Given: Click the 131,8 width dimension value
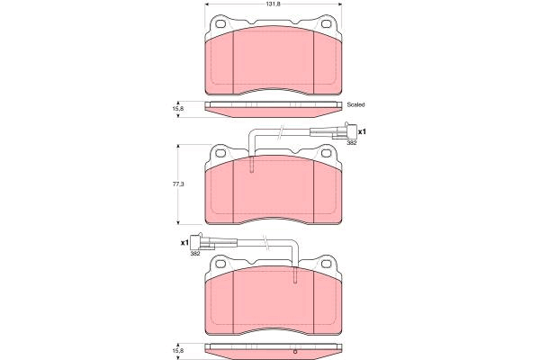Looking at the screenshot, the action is pyautogui.click(x=274, y=4).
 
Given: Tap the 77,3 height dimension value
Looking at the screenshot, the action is pyautogui.click(x=178, y=184).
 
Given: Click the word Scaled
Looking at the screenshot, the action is pyautogui.click(x=355, y=104).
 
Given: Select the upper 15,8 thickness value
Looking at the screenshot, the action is pyautogui.click(x=178, y=108).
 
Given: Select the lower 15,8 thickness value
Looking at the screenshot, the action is pyautogui.click(x=178, y=350).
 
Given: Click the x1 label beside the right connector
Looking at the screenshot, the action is pyautogui.click(x=362, y=131).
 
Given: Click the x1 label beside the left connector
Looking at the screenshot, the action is pyautogui.click(x=184, y=242).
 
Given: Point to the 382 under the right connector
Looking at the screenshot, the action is pyautogui.click(x=352, y=142).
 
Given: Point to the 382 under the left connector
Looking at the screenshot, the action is pyautogui.click(x=195, y=254).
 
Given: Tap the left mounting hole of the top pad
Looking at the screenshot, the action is pyautogui.click(x=220, y=24).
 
